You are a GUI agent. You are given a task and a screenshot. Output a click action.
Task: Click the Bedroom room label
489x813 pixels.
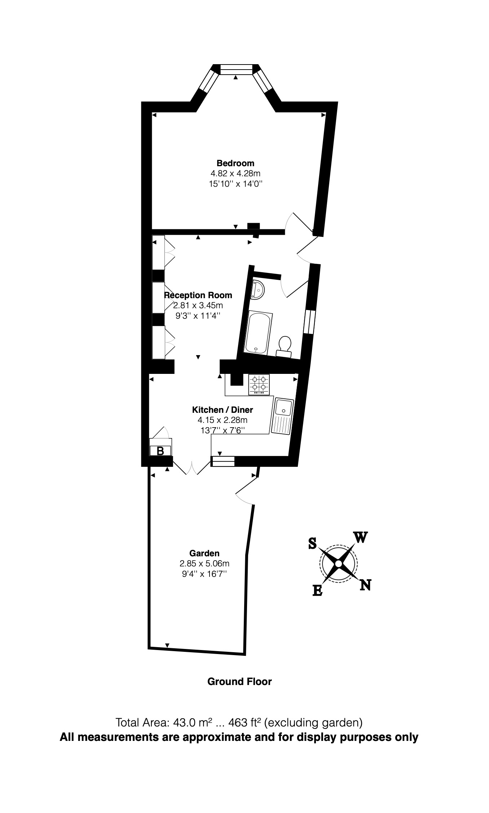235,163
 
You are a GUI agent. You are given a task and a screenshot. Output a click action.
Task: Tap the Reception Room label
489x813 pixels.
198,295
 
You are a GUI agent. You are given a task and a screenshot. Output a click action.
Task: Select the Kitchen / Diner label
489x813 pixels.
223,410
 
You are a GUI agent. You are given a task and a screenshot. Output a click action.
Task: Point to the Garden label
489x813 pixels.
204,553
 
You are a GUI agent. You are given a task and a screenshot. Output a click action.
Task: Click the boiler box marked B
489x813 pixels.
160,450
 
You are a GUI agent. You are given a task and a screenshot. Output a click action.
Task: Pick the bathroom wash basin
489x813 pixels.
258,289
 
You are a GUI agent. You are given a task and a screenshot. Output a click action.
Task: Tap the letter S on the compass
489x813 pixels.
312,543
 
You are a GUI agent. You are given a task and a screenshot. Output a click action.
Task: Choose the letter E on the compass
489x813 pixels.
317,590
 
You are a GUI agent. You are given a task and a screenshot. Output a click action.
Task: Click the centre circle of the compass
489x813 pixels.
338,564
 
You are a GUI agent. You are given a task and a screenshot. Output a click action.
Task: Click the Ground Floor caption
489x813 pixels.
239,681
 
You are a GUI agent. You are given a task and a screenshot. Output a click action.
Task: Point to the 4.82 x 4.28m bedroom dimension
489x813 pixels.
235,173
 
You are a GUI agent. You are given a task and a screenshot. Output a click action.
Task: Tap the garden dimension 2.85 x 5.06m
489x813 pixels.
204,563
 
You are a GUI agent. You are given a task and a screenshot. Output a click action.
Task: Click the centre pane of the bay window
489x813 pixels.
236,69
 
